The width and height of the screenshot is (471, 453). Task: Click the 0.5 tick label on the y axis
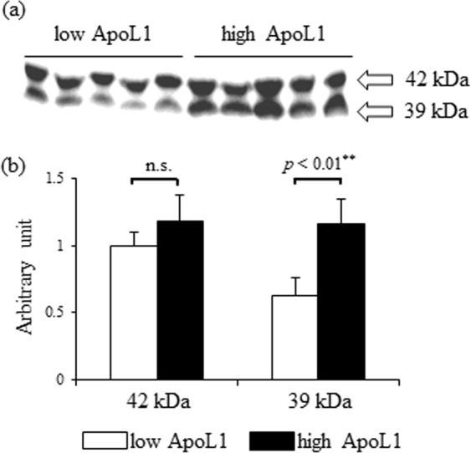(79, 313)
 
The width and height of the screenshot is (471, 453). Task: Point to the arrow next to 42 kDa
(379, 80)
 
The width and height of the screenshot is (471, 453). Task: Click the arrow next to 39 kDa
(379, 109)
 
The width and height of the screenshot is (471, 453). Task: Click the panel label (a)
(16, 14)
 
